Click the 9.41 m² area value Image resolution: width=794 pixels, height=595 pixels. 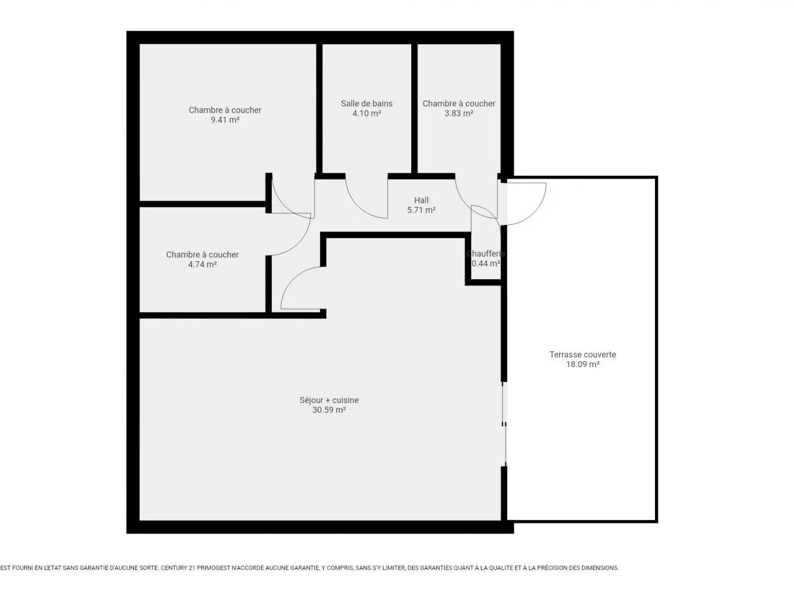225,120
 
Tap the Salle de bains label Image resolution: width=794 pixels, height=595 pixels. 366,103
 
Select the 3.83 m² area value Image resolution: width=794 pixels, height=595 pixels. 459,113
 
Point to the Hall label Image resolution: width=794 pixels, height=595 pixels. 421,200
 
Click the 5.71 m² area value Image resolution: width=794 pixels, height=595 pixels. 421,210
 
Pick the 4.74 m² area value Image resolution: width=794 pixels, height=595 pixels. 202,265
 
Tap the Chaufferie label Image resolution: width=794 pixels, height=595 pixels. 485,254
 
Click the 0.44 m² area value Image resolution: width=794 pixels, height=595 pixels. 485,263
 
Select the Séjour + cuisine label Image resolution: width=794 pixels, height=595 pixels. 329,400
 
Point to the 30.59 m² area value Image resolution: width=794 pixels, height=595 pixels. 329,410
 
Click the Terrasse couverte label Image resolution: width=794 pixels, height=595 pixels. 582,354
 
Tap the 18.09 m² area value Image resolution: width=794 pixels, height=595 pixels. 582,364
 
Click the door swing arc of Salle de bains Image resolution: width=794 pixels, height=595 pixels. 358,207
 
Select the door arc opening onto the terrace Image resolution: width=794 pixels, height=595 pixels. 535,212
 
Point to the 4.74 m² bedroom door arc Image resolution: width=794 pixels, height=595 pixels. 299,243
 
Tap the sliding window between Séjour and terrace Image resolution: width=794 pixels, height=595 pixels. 504,424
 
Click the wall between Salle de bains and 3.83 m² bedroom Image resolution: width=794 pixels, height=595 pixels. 415,108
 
